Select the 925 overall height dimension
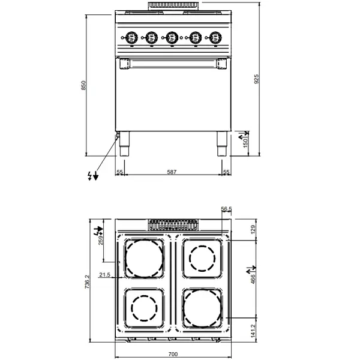[x=257, y=78]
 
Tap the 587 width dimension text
[x=172, y=172]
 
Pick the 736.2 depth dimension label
[x=86, y=281]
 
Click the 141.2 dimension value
[x=253, y=329]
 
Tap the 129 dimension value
[x=253, y=228]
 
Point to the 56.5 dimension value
[x=226, y=209]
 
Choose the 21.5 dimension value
[x=104, y=275]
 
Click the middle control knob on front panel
[x=172, y=38]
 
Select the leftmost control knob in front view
[x=130, y=38]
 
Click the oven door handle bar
[x=172, y=61]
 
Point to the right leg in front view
[x=222, y=144]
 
